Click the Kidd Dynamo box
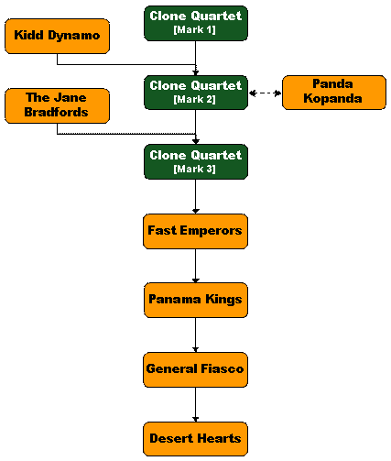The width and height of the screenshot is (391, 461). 57,36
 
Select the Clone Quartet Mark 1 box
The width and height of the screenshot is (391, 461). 196,23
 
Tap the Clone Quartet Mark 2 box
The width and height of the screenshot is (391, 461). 196,93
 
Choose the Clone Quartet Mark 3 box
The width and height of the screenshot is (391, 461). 196,162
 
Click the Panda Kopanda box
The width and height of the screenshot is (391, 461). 334,93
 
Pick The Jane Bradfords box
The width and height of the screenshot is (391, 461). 57,105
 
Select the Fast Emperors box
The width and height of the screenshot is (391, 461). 195,231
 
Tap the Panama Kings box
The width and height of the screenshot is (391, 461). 196,301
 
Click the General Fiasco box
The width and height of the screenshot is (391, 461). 195,369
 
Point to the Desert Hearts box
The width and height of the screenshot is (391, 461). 195,439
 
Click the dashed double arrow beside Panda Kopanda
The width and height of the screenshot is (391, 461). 265,93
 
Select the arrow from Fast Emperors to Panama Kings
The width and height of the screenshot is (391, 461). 196,266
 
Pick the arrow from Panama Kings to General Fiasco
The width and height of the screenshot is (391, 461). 196,335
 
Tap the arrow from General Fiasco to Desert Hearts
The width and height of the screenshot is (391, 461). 196,404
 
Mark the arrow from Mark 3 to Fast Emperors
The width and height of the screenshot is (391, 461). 196,196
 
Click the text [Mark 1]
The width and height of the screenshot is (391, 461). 194,30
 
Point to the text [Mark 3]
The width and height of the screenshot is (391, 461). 194,169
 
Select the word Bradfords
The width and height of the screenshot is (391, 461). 56,112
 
